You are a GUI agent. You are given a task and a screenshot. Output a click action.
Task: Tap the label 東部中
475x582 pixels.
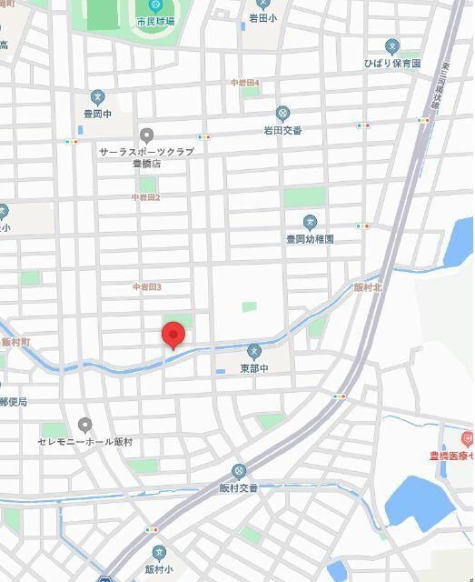255,368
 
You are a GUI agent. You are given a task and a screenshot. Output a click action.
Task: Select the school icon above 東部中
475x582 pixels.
255,351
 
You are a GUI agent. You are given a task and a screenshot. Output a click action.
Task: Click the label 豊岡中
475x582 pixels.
97,115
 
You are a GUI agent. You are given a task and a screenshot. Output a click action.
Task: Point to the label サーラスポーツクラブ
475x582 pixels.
146,152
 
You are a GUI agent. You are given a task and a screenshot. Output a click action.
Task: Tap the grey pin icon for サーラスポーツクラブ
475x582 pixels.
147,135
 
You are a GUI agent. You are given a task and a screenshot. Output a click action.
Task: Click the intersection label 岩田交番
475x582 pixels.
282,130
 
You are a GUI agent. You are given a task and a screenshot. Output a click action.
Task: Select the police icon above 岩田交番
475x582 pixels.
282,114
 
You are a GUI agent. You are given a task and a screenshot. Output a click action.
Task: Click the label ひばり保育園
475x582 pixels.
392,64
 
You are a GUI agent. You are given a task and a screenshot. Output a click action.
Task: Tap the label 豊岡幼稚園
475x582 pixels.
310,239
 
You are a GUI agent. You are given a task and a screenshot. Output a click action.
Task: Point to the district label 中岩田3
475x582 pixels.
146,287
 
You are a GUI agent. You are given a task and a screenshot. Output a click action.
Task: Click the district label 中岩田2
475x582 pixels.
145,197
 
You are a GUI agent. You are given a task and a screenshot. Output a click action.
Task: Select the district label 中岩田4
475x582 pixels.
245,83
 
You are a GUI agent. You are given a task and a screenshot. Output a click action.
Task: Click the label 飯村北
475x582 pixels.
368,287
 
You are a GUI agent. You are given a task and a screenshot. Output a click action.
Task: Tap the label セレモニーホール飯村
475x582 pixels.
85,442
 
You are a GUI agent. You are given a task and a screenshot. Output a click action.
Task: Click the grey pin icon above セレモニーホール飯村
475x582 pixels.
85,425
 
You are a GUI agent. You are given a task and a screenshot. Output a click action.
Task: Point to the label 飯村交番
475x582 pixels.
239,488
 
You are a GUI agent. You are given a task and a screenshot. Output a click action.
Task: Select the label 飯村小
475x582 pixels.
159,570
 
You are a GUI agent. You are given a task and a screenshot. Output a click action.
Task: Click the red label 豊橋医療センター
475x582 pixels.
451,457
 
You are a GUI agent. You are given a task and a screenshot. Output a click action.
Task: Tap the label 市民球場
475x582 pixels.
155,21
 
